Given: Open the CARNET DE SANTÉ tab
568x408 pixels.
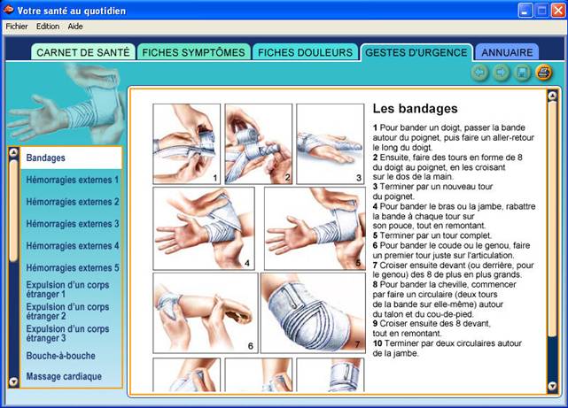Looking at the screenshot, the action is click(83, 52).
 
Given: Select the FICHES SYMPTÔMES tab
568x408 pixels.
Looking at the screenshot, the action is click(193, 52).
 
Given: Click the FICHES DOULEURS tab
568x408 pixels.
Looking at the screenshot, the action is click(305, 52).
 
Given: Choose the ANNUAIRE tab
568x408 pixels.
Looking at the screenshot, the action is click(507, 52).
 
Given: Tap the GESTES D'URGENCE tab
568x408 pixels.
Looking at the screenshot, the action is click(416, 52).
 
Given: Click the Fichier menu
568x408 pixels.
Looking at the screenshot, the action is click(17, 27).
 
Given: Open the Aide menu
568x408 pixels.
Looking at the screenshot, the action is click(75, 27).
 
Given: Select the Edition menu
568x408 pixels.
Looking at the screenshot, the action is click(48, 27).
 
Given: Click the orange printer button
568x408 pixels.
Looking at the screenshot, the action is click(544, 73).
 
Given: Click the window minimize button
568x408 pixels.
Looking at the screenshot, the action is click(525, 11).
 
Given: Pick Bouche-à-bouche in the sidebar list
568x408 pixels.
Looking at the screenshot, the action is click(61, 356).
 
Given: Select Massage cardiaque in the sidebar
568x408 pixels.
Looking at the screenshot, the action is click(64, 376).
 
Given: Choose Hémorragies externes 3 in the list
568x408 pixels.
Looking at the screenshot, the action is click(73, 224).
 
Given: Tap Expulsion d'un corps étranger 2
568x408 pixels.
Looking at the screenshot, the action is click(67, 312).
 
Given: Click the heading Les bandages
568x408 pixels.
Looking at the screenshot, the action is click(415, 109).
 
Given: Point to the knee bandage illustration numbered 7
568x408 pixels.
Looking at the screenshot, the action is click(313, 313).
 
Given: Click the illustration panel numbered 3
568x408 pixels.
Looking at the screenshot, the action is click(331, 144).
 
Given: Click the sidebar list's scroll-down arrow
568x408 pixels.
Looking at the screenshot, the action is click(13, 381).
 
